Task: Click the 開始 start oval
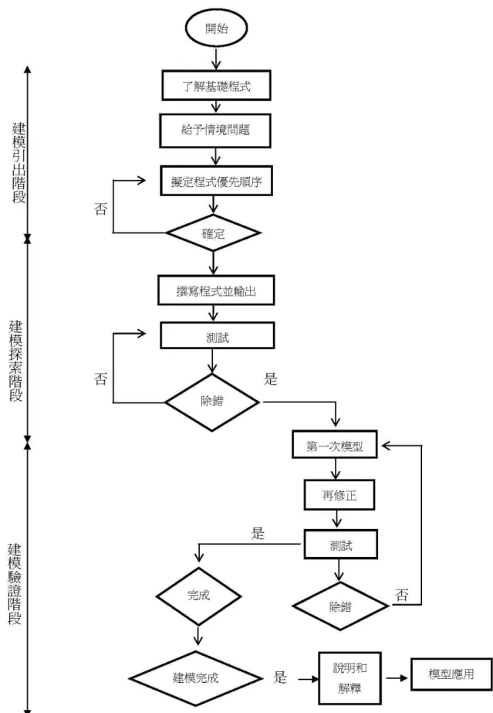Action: pyautogui.click(x=216, y=28)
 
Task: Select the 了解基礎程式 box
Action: pyautogui.click(x=216, y=86)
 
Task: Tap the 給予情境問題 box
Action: pyautogui.click(x=215, y=131)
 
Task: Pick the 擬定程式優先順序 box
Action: pyautogui.click(x=216, y=181)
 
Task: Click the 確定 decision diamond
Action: pyautogui.click(x=213, y=233)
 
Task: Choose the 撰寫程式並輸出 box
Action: pyautogui.click(x=216, y=290)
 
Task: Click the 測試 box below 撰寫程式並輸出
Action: pyautogui.click(x=217, y=335)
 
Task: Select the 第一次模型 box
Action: pyautogui.click(x=335, y=444)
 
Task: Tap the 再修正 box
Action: pyautogui.click(x=339, y=494)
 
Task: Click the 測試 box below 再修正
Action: pyautogui.click(x=340, y=544)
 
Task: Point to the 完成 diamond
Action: pyautogui.click(x=198, y=596)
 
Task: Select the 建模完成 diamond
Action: pyautogui.click(x=196, y=678)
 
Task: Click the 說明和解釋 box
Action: pyautogui.click(x=349, y=678)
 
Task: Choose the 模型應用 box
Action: pyautogui.click(x=451, y=674)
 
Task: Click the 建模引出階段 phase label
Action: pyautogui.click(x=19, y=163)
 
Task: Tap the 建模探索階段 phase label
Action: pyautogui.click(x=16, y=361)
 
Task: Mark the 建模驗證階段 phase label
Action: pyautogui.click(x=15, y=584)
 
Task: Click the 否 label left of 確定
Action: pyautogui.click(x=101, y=209)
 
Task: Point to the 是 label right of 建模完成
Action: pyautogui.click(x=280, y=677)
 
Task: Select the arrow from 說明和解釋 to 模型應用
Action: pyautogui.click(x=397, y=678)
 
